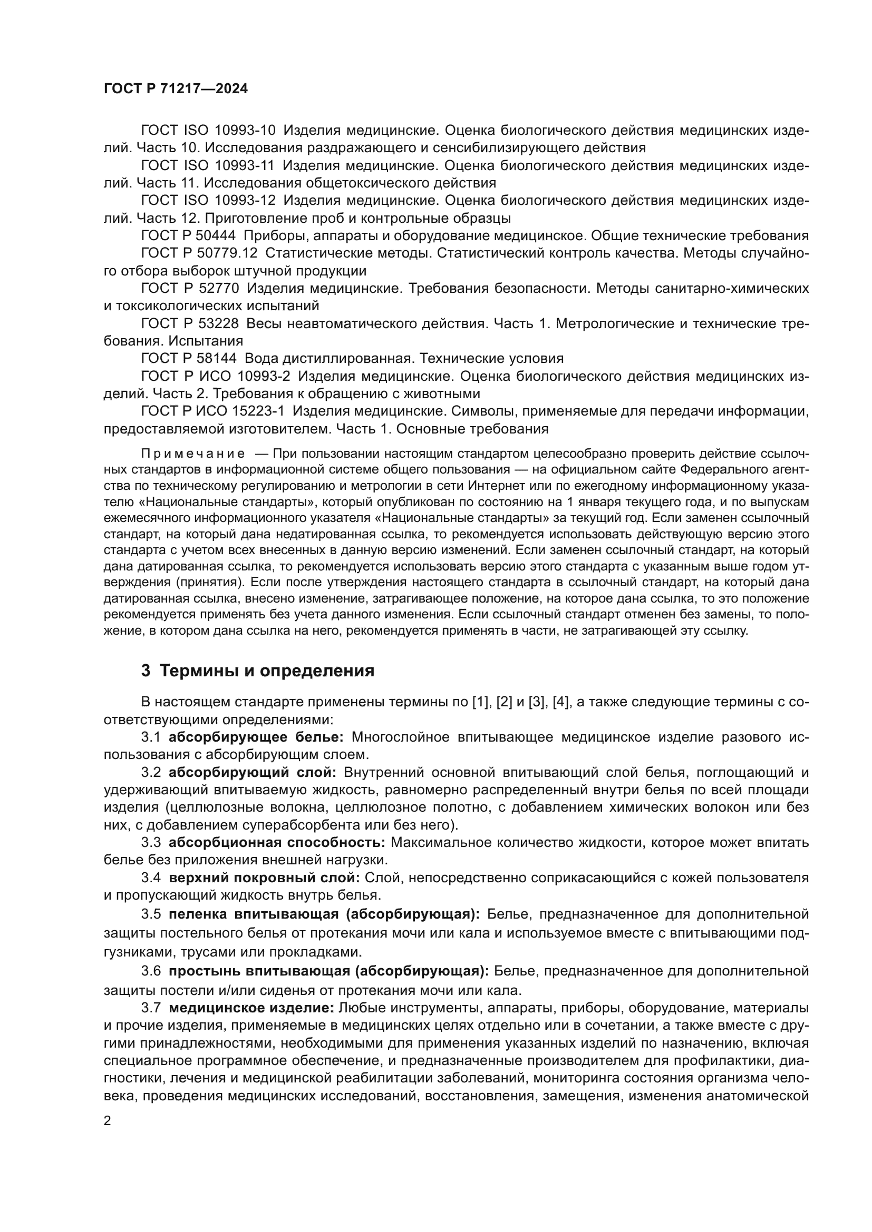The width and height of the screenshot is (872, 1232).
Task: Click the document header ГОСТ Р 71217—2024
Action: click(176, 89)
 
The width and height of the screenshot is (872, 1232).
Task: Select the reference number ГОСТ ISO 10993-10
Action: click(208, 131)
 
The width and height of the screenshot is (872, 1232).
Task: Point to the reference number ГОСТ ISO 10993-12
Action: click(208, 201)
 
